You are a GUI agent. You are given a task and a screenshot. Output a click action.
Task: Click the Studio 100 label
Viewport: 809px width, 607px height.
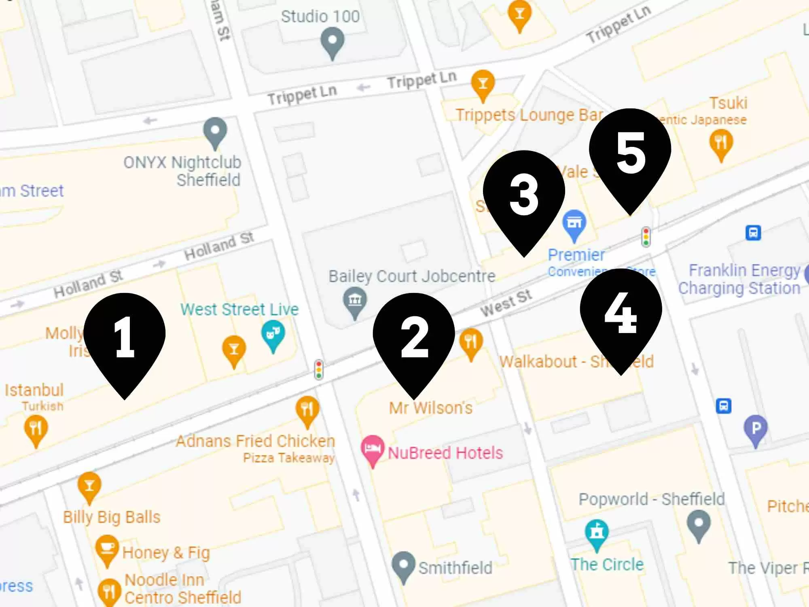tap(320, 17)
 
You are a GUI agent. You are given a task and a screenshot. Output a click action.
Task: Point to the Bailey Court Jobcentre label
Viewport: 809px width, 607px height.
tap(412, 276)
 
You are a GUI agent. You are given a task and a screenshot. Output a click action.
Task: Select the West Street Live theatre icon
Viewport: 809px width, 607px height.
tap(273, 334)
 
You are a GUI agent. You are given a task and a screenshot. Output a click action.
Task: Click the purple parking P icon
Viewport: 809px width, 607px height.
tap(756, 429)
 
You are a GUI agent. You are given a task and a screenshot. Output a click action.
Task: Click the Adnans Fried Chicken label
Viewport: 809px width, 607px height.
tap(256, 441)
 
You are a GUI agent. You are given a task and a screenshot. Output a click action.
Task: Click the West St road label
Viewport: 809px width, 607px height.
tap(506, 303)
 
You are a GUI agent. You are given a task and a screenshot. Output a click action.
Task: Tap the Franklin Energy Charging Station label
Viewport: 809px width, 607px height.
tap(739, 279)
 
